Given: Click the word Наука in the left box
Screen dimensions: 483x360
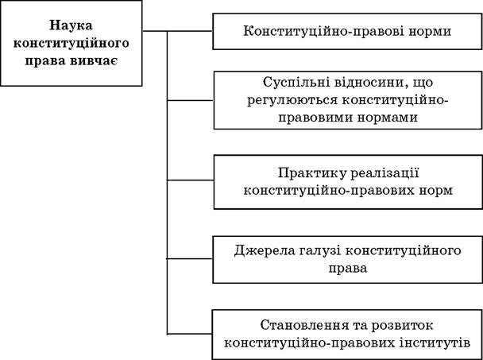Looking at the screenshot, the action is click(x=71, y=25).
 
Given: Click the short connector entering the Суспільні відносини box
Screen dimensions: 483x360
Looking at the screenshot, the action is click(x=190, y=100).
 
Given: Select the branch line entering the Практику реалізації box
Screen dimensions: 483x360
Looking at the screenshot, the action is click(x=190, y=180).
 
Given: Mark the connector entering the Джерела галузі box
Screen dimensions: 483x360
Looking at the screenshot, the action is click(x=190, y=258).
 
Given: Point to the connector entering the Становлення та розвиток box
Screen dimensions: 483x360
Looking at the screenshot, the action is click(x=190, y=334).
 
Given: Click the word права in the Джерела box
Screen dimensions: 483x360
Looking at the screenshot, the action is click(x=348, y=269).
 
